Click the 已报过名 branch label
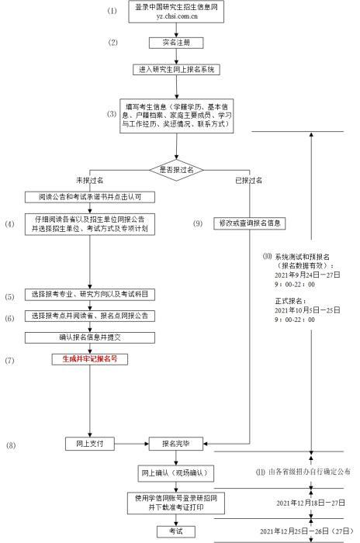click(249, 179)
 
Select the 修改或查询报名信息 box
click(248, 223)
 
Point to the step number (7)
click(10, 361)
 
